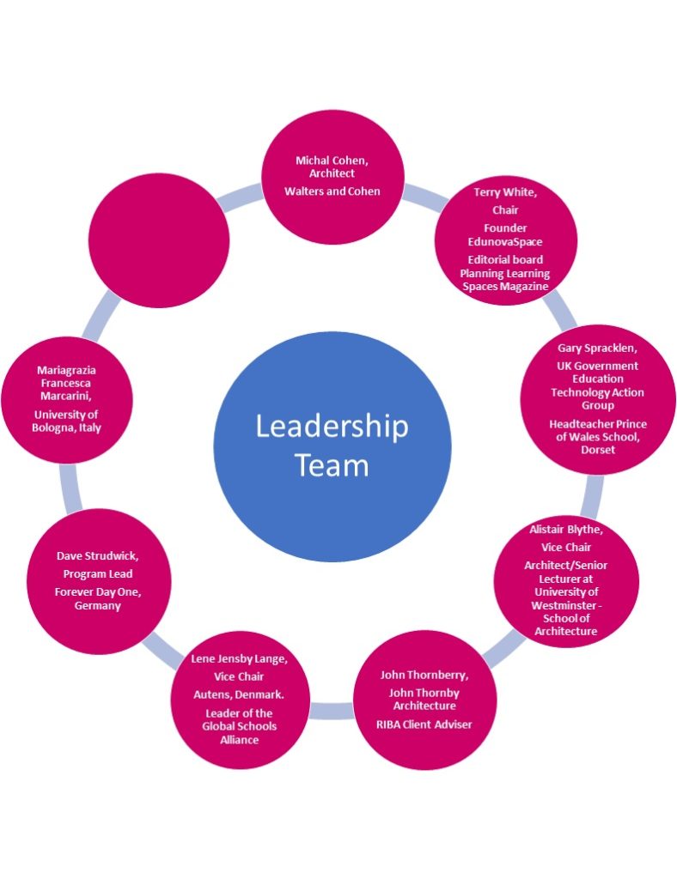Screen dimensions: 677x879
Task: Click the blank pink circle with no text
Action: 159,240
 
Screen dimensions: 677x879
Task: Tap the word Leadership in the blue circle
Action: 332,427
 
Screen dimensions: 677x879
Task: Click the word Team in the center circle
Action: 332,465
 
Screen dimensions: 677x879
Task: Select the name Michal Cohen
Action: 331,161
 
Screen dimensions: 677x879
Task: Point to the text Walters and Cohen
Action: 332,191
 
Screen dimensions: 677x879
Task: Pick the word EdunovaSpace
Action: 505,242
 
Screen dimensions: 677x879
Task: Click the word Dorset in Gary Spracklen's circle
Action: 598,450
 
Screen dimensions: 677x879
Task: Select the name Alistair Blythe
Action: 565,529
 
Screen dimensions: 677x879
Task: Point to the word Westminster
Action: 564,605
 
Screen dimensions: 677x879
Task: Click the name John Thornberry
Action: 424,675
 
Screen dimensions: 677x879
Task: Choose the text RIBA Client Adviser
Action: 424,724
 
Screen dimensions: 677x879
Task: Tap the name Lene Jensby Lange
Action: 239,658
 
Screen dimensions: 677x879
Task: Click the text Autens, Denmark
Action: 239,694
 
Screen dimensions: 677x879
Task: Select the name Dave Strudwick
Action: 97,556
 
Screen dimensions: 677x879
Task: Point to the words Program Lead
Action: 98,574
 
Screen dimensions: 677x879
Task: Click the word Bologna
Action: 52,427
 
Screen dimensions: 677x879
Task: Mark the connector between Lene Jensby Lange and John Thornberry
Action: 332,710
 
